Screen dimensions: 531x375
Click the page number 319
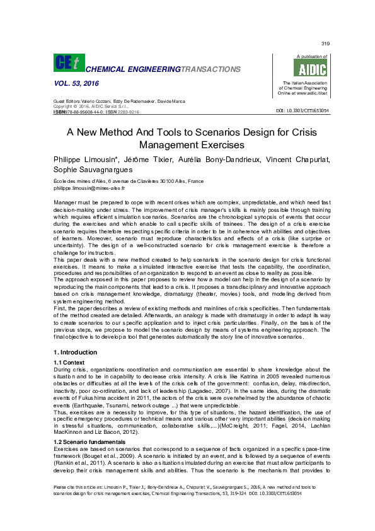pos(325,44)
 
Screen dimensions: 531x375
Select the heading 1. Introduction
pos(75,352)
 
